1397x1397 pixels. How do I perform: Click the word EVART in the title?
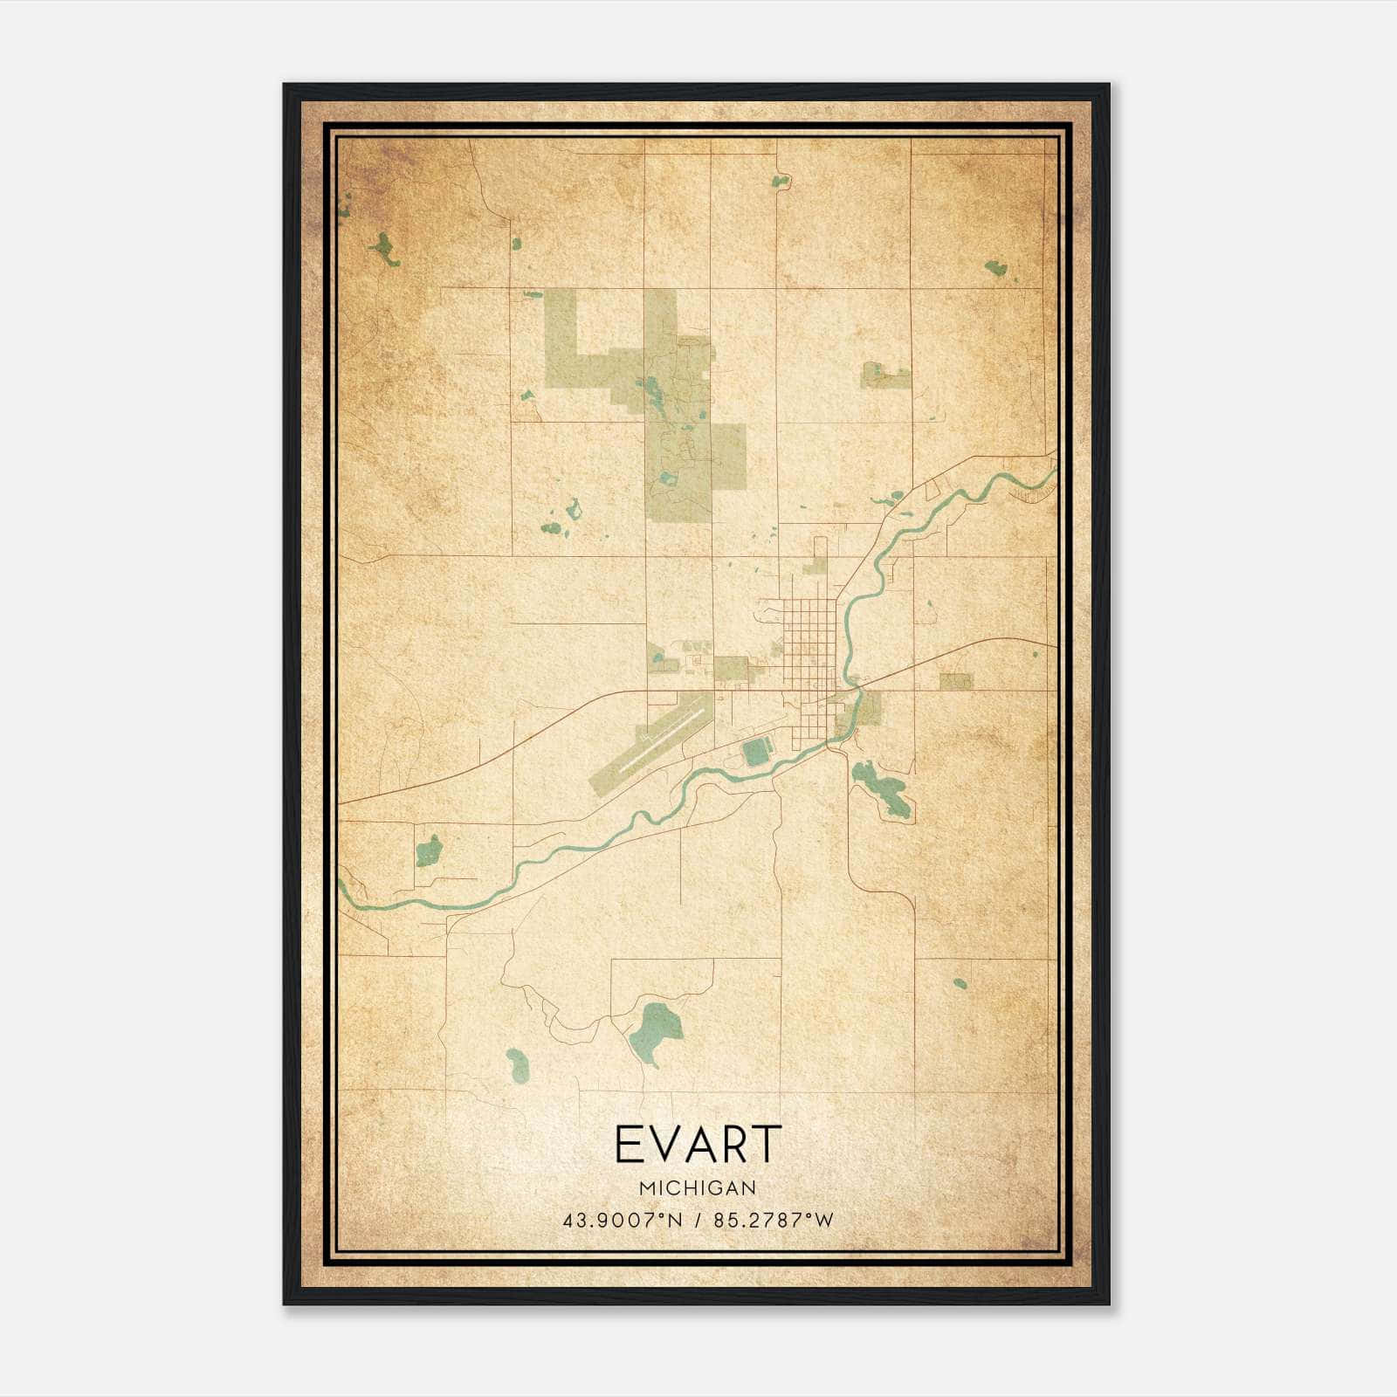click(x=698, y=1145)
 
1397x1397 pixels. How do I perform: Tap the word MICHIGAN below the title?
click(x=698, y=1188)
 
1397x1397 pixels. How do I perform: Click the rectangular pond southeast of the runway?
click(x=756, y=752)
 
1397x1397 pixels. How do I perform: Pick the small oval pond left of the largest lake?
click(x=516, y=1063)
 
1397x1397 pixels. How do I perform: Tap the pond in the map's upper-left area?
click(x=382, y=249)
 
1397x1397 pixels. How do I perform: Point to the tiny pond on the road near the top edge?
click(x=779, y=182)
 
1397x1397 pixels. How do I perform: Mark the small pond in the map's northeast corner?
click(x=995, y=267)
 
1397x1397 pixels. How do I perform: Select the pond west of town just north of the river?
click(x=428, y=850)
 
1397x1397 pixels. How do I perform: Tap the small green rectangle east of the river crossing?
click(x=955, y=681)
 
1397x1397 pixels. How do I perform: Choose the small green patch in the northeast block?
click(x=885, y=375)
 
